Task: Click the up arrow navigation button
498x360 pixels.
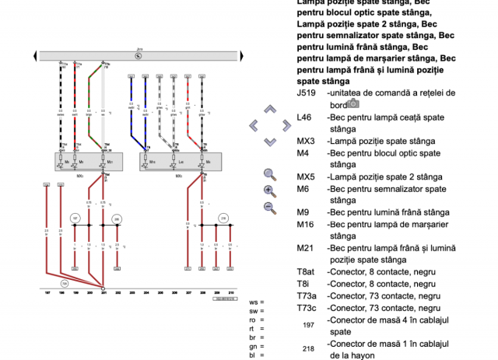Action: (270, 110)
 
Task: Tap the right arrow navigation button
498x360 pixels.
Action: (286, 125)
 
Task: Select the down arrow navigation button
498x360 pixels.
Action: (270, 141)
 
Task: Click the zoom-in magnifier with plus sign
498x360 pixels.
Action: (270, 190)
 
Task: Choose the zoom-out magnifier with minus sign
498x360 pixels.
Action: (270, 207)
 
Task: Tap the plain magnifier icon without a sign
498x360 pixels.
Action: (270, 174)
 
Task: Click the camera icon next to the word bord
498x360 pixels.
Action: (353, 103)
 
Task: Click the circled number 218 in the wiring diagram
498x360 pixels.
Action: (223, 218)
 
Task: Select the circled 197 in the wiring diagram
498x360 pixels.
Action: (75, 218)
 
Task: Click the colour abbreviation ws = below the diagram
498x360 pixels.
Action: (256, 302)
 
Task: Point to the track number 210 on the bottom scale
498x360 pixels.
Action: (230, 293)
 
